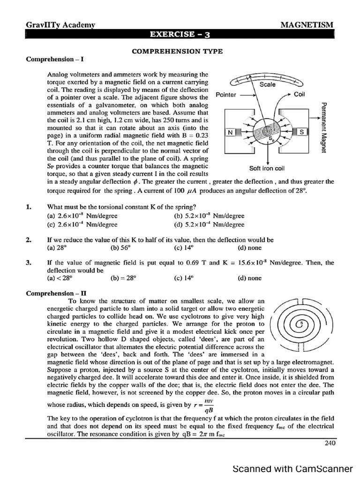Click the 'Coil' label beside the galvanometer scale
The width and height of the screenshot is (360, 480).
[300, 94]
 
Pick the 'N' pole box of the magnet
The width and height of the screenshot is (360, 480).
[230, 133]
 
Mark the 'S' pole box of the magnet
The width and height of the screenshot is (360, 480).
[302, 133]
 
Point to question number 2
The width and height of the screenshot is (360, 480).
[29, 240]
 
